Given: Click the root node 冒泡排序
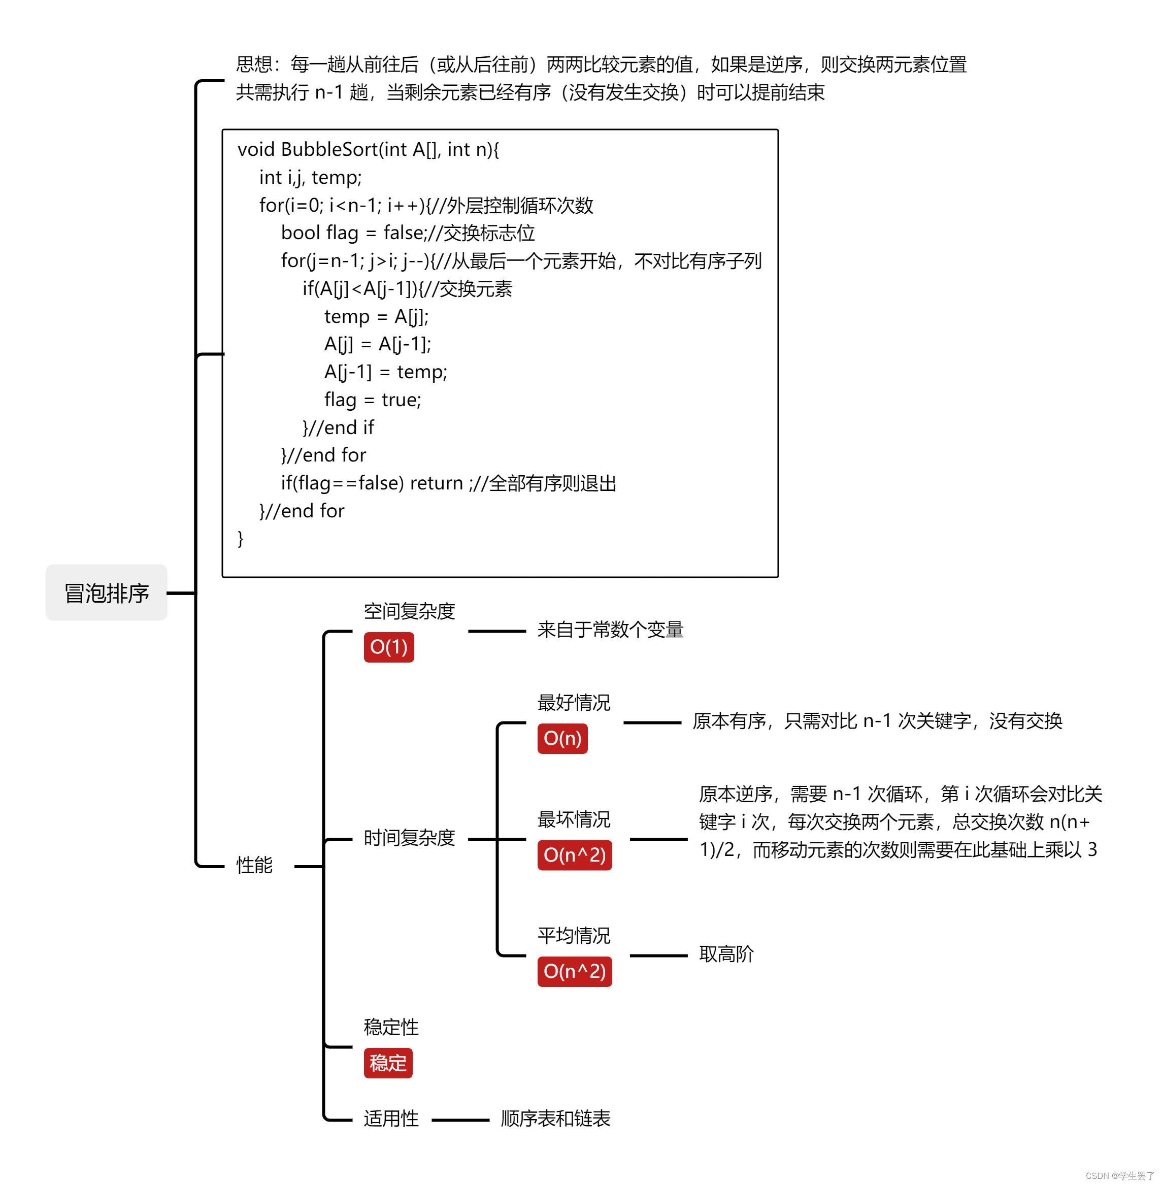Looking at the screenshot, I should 107,593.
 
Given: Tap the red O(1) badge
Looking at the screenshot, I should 389,647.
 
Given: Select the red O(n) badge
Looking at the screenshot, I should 562,739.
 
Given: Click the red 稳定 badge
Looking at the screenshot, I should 388,1063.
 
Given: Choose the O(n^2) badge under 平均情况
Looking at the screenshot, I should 574,971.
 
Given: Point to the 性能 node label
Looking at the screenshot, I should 254,865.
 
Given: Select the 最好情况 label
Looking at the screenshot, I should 574,703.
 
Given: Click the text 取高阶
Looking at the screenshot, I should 726,954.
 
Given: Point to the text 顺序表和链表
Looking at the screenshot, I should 555,1118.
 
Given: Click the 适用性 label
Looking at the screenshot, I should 391,1118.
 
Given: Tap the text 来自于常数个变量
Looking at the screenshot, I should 610,630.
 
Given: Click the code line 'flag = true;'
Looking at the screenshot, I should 372,400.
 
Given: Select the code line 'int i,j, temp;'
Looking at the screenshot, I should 310,178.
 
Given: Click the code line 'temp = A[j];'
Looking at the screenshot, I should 376,317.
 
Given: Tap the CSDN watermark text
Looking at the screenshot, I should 1119,1175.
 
